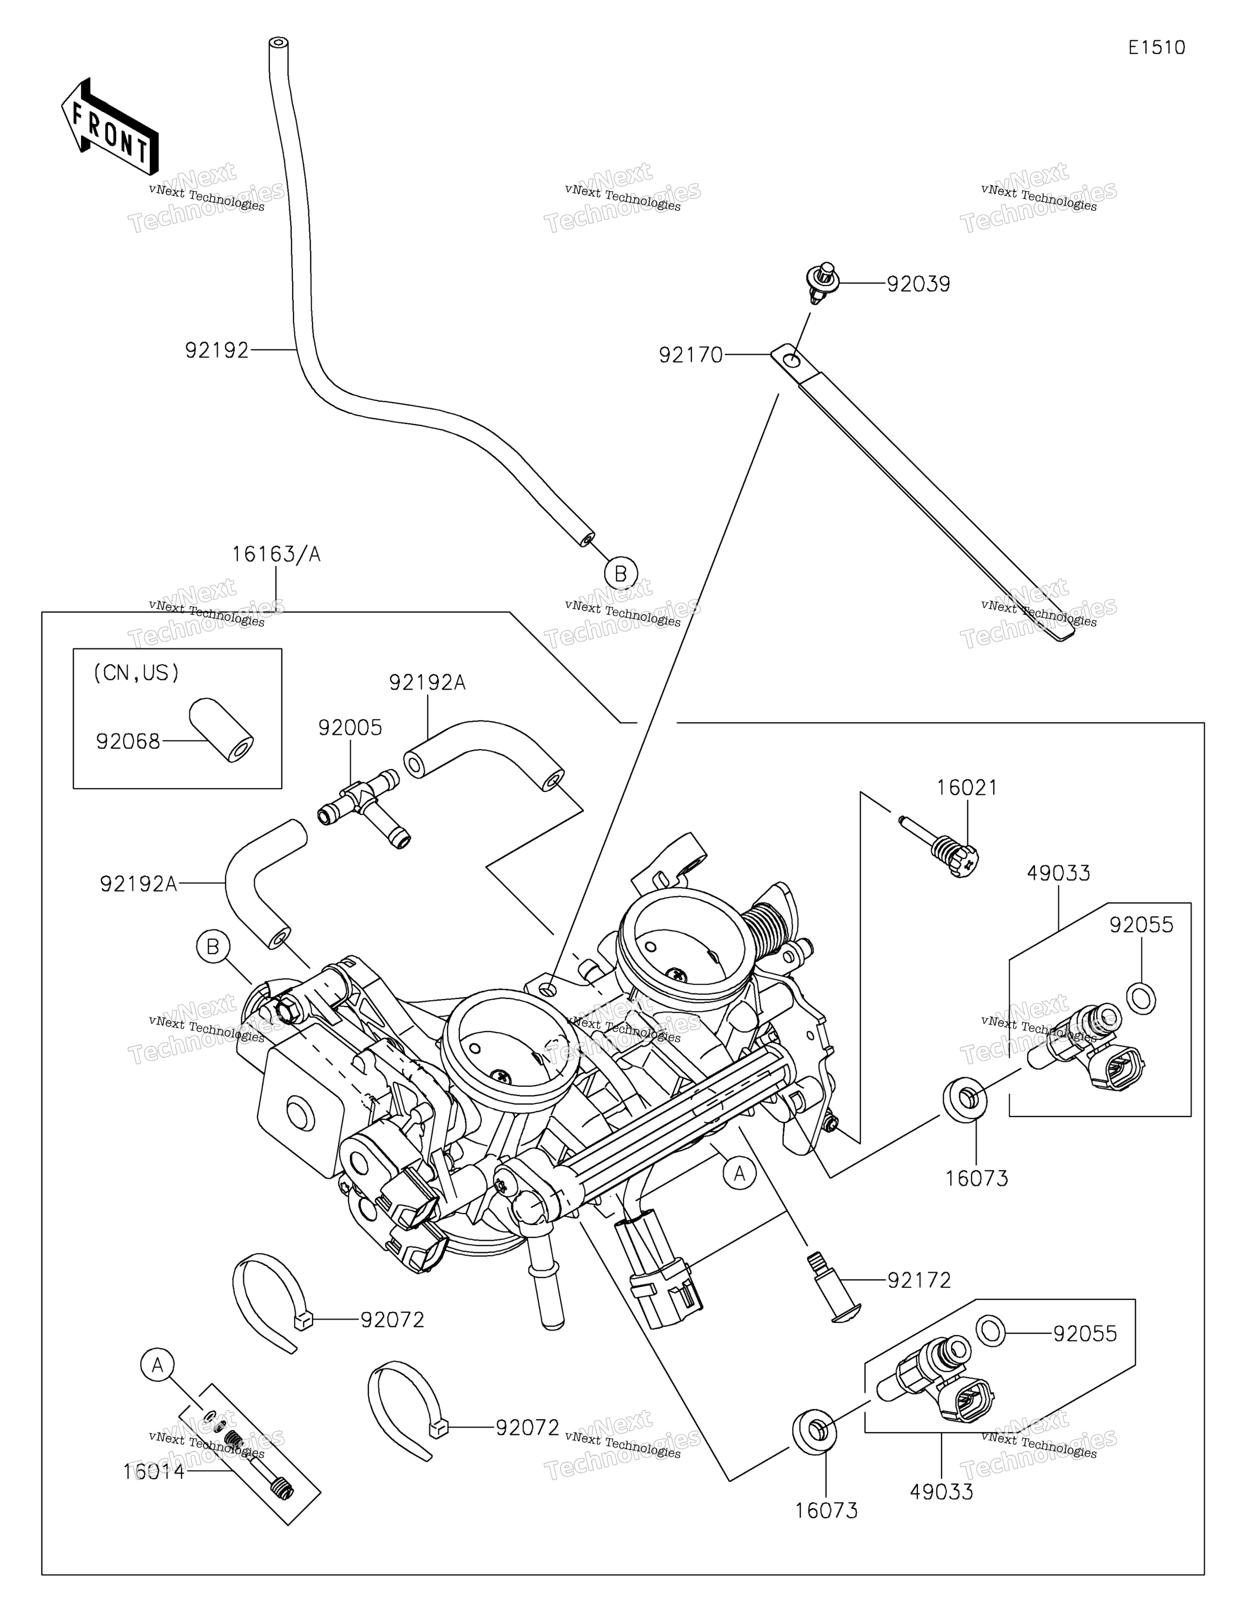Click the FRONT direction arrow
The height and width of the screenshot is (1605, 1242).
coord(109,127)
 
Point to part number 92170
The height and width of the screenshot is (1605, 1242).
coord(691,356)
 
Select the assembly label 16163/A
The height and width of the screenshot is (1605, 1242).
coord(276,554)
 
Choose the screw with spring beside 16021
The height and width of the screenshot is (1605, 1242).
coord(941,847)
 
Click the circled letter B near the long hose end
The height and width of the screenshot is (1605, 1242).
coord(621,573)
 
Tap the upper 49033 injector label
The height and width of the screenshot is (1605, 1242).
coord(1058,874)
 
